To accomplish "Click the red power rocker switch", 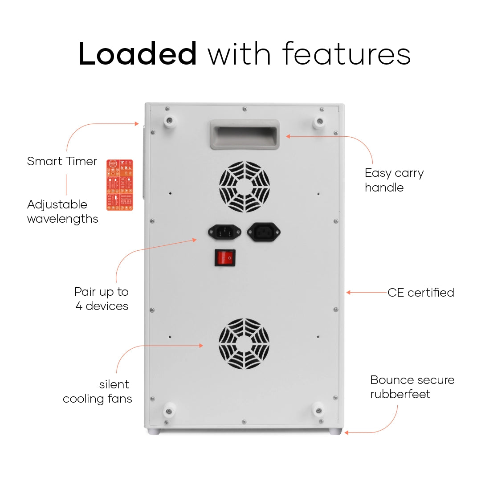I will pos(225,257).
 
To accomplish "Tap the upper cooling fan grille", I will pos(245,187).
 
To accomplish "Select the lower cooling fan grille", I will pos(244,344).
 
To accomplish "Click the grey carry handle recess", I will pos(245,134).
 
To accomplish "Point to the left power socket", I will pos(224,232).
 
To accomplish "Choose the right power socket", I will pos(264,232).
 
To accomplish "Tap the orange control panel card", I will pos(120,185).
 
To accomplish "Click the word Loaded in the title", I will pos(138,54).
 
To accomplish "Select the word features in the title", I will pos(346,54).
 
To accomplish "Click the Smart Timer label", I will pos(62,161).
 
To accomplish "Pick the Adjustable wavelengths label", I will pos(62,212).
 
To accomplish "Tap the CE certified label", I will pos(420,293).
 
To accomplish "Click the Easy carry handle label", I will pos(394,180).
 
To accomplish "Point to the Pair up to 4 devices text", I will pos(102,299).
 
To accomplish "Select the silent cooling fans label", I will pos(98,391).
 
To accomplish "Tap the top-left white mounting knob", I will pos(170,122).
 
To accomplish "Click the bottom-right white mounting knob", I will pos(318,409).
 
